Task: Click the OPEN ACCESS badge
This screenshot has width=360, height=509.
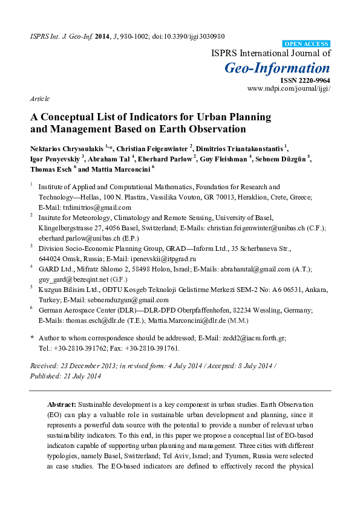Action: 307,44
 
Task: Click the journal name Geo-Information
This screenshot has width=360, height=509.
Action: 278,68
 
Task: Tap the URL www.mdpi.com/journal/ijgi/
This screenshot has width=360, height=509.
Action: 289,88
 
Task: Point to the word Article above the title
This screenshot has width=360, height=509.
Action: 39,98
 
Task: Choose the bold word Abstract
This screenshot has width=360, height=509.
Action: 61,403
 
